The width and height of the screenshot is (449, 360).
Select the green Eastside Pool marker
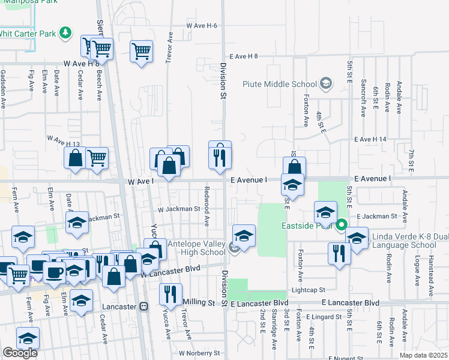[341, 226]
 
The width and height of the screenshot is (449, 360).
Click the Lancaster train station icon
[143, 306]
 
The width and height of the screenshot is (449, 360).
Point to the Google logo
[20, 353]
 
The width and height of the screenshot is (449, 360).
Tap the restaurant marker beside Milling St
[170, 294]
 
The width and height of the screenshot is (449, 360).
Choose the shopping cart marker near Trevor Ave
[141, 51]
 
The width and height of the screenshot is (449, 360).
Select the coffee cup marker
[55, 271]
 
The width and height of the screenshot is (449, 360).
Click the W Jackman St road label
[178, 209]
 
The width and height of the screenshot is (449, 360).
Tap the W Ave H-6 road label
[201, 26]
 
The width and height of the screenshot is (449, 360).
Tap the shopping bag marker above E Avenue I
[294, 167]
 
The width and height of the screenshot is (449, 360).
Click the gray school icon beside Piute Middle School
[326, 83]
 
